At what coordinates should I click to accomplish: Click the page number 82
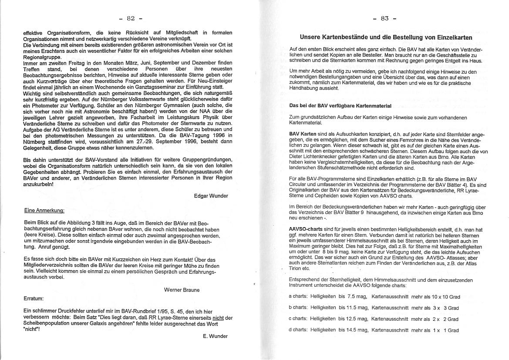coord(131,18)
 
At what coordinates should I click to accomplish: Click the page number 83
coord(384,18)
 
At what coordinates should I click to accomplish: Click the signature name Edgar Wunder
coord(211,196)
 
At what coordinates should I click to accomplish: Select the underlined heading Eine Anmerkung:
coord(44,211)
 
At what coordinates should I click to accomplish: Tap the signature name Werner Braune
coord(182,289)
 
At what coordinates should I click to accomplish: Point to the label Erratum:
coord(34,299)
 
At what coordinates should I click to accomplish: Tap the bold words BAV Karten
coord(303,133)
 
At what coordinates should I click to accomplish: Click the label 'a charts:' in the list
coord(298,296)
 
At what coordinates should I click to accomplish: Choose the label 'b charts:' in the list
coord(298,308)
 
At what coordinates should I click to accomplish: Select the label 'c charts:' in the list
coord(298,319)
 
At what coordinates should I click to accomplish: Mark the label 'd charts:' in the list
coord(298,330)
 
